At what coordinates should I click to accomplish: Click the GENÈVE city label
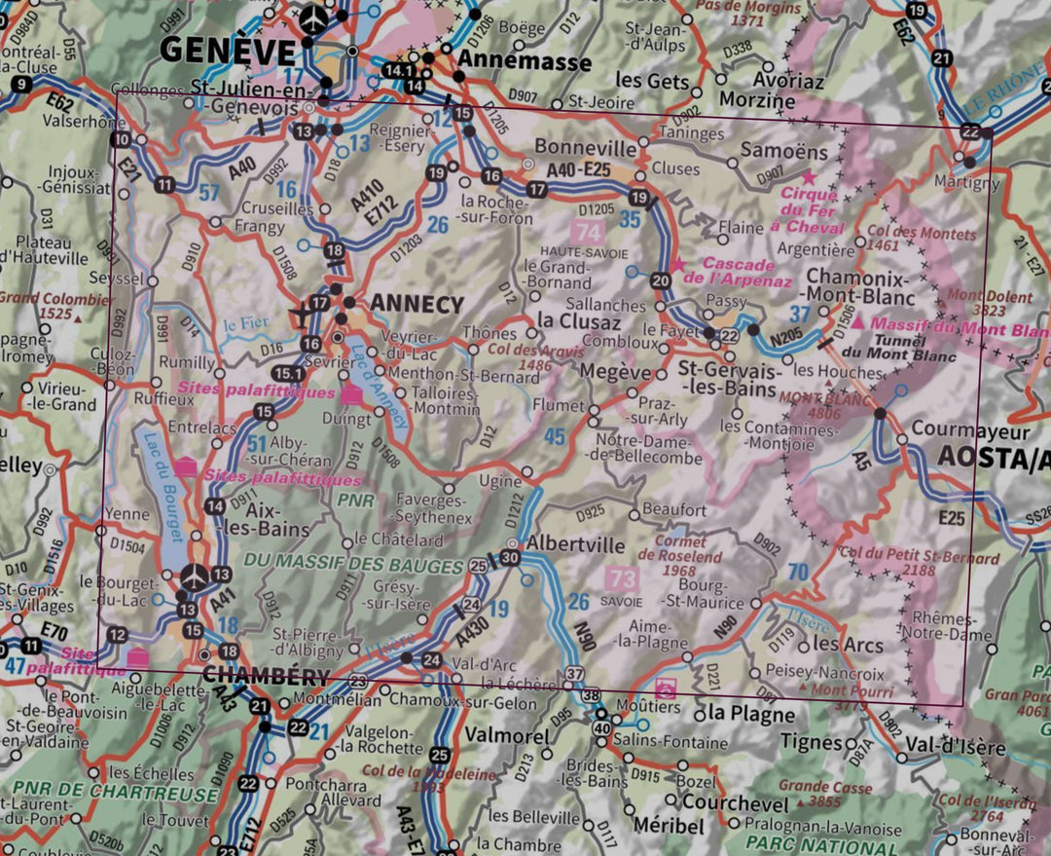[227, 50]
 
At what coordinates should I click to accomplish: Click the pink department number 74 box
[588, 233]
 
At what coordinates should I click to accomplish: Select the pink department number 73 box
[623, 579]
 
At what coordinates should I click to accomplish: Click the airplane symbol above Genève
[313, 17]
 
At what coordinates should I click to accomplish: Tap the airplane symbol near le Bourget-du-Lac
[195, 577]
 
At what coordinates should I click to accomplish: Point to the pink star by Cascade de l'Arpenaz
[678, 265]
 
